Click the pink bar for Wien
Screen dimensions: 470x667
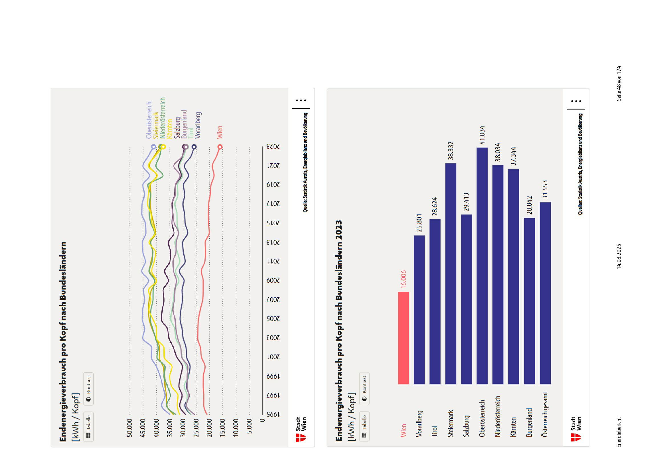tap(403, 338)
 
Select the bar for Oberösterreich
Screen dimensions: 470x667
tap(482, 266)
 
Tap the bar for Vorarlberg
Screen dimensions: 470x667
tap(419, 310)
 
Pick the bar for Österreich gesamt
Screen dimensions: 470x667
tap(545, 293)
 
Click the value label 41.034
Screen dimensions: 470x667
tap(482, 135)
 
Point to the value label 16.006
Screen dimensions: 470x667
tap(403, 279)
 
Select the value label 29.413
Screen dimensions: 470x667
tap(467, 202)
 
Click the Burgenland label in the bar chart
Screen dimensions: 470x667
tap(529, 422)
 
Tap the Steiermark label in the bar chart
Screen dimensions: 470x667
tap(451, 424)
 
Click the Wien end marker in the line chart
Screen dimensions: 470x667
tap(220, 147)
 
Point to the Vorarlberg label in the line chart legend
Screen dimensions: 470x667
tap(198, 125)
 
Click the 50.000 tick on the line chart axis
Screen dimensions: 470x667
tap(129, 428)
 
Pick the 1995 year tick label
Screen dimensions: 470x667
tap(273, 414)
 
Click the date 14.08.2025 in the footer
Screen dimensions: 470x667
tap(619, 256)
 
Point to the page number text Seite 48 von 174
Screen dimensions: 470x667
tap(619, 83)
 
